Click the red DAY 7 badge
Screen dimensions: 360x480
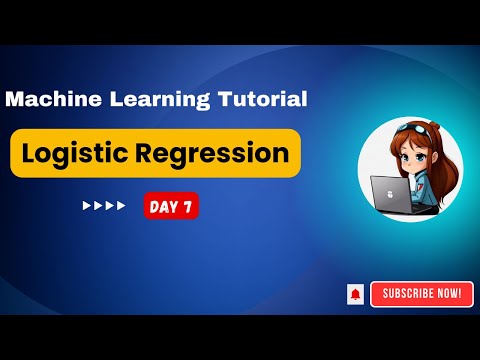170,206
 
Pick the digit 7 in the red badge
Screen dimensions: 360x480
188,206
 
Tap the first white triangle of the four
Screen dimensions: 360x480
86,206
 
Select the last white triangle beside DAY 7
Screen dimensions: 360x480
122,206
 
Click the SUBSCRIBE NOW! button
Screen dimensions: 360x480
421,293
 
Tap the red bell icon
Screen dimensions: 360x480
355,294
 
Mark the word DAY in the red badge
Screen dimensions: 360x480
163,206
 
